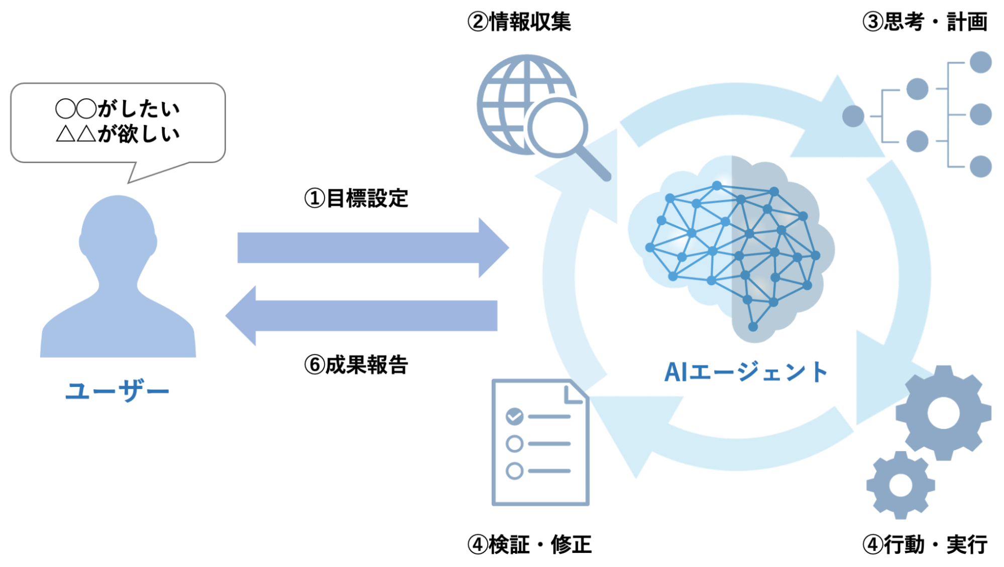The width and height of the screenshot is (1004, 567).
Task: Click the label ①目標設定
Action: [x=356, y=199]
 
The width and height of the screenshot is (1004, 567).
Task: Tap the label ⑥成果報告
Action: [x=356, y=365]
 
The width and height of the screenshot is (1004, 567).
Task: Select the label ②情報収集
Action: [x=519, y=22]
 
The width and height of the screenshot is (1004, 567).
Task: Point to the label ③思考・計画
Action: [x=925, y=22]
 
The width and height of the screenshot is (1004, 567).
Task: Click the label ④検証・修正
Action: [x=529, y=544]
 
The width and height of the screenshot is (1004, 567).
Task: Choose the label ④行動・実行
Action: [x=925, y=544]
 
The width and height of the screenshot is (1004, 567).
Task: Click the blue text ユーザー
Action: [x=118, y=390]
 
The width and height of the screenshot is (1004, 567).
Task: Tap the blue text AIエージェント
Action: [x=746, y=372]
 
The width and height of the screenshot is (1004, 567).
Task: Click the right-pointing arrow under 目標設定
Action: [x=372, y=247]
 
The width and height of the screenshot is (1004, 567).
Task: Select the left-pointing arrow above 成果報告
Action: [x=362, y=316]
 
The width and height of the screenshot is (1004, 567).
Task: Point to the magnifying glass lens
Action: [x=557, y=127]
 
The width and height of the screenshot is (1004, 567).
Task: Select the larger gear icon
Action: [x=943, y=413]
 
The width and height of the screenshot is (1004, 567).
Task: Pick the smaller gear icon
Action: [x=900, y=485]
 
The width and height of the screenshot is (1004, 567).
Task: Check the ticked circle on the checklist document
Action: [x=514, y=416]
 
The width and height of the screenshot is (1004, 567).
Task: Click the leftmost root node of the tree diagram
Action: [x=853, y=116]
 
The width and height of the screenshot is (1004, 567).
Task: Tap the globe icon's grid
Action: [x=507, y=100]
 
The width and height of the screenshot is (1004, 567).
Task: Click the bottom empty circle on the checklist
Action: [x=514, y=471]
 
